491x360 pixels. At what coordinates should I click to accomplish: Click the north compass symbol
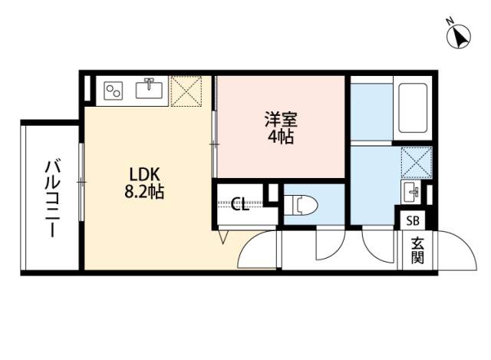(458, 36)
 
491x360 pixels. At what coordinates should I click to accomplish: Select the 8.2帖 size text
(144, 192)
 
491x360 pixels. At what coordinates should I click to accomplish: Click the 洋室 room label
(281, 120)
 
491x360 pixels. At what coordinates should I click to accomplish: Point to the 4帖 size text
(281, 137)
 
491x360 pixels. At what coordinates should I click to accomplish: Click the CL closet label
(240, 204)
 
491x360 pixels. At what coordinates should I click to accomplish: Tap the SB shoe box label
(413, 221)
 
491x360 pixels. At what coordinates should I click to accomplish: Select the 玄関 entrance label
(417, 251)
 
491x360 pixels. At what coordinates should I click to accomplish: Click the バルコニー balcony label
(51, 199)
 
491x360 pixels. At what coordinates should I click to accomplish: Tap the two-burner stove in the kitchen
(113, 91)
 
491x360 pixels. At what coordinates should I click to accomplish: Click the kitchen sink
(149, 88)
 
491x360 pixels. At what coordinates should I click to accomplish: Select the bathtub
(413, 108)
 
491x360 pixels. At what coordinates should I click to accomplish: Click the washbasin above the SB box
(411, 193)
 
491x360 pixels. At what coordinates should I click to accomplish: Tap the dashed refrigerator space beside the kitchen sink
(186, 91)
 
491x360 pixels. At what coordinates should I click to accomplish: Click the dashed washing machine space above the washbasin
(416, 162)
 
